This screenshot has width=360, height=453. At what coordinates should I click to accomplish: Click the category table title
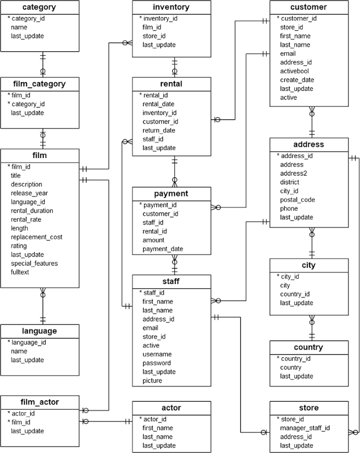pos(39,7)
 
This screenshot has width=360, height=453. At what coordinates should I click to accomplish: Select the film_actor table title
pos(39,402)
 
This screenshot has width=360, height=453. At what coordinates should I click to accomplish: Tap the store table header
pos(309,408)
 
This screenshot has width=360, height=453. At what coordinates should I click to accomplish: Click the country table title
pos(309,347)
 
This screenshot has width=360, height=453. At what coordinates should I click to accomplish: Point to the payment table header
pos(171,194)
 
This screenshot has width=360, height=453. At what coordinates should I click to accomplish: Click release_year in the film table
pos(29,193)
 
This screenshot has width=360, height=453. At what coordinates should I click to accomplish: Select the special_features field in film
pos(34,264)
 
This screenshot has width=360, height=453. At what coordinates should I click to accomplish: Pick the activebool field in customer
pos(294,71)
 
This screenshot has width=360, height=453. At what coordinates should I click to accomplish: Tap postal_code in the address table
pos(297,200)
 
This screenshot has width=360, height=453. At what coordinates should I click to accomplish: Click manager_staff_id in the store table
pos(305,428)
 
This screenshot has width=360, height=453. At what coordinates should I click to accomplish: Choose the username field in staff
pos(157,354)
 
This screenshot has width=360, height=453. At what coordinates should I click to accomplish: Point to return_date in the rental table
pos(159,131)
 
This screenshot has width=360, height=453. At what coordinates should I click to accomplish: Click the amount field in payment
pos(153,240)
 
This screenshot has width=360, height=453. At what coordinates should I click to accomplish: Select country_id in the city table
pos(294,294)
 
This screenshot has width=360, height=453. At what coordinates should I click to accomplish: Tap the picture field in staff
pos(152,381)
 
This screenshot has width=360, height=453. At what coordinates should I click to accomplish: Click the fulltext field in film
pos(19,272)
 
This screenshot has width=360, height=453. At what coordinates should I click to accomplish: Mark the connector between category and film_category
pos(43,65)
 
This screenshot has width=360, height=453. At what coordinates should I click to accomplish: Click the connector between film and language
pos(43,306)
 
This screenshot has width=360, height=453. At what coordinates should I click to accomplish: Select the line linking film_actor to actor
pos(106,422)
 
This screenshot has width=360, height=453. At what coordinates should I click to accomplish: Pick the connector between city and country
pos(312,328)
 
